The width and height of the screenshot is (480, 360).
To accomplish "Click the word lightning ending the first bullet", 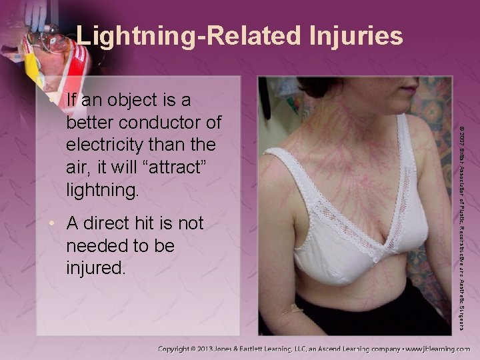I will [x=103, y=192].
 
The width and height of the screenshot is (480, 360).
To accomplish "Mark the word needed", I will [x=97, y=247].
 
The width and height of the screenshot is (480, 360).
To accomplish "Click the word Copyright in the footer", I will [x=180, y=348].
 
